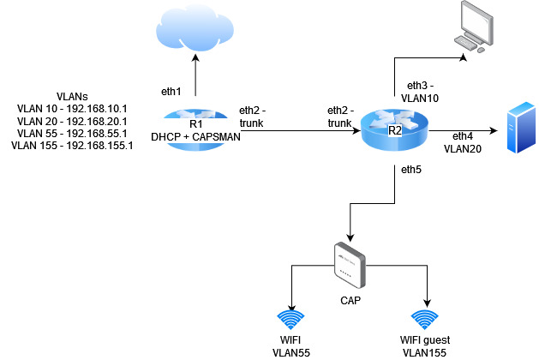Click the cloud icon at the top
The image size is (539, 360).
195,28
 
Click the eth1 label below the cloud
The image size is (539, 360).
173,90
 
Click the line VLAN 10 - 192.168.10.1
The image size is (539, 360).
73,109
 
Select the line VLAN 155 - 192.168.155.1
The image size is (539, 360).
73,145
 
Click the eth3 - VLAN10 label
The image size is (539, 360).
421,93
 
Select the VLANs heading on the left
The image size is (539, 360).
73,97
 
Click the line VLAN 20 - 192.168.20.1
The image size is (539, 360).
73,121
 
